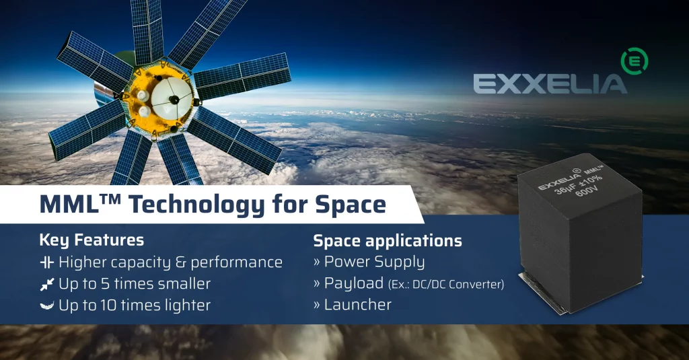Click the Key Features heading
point(91,240)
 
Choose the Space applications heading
point(388,240)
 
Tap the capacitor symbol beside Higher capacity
point(46,262)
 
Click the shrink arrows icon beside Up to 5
point(46,283)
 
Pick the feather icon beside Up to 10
point(46,305)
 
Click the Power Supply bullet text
point(374,262)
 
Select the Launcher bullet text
point(357,305)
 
